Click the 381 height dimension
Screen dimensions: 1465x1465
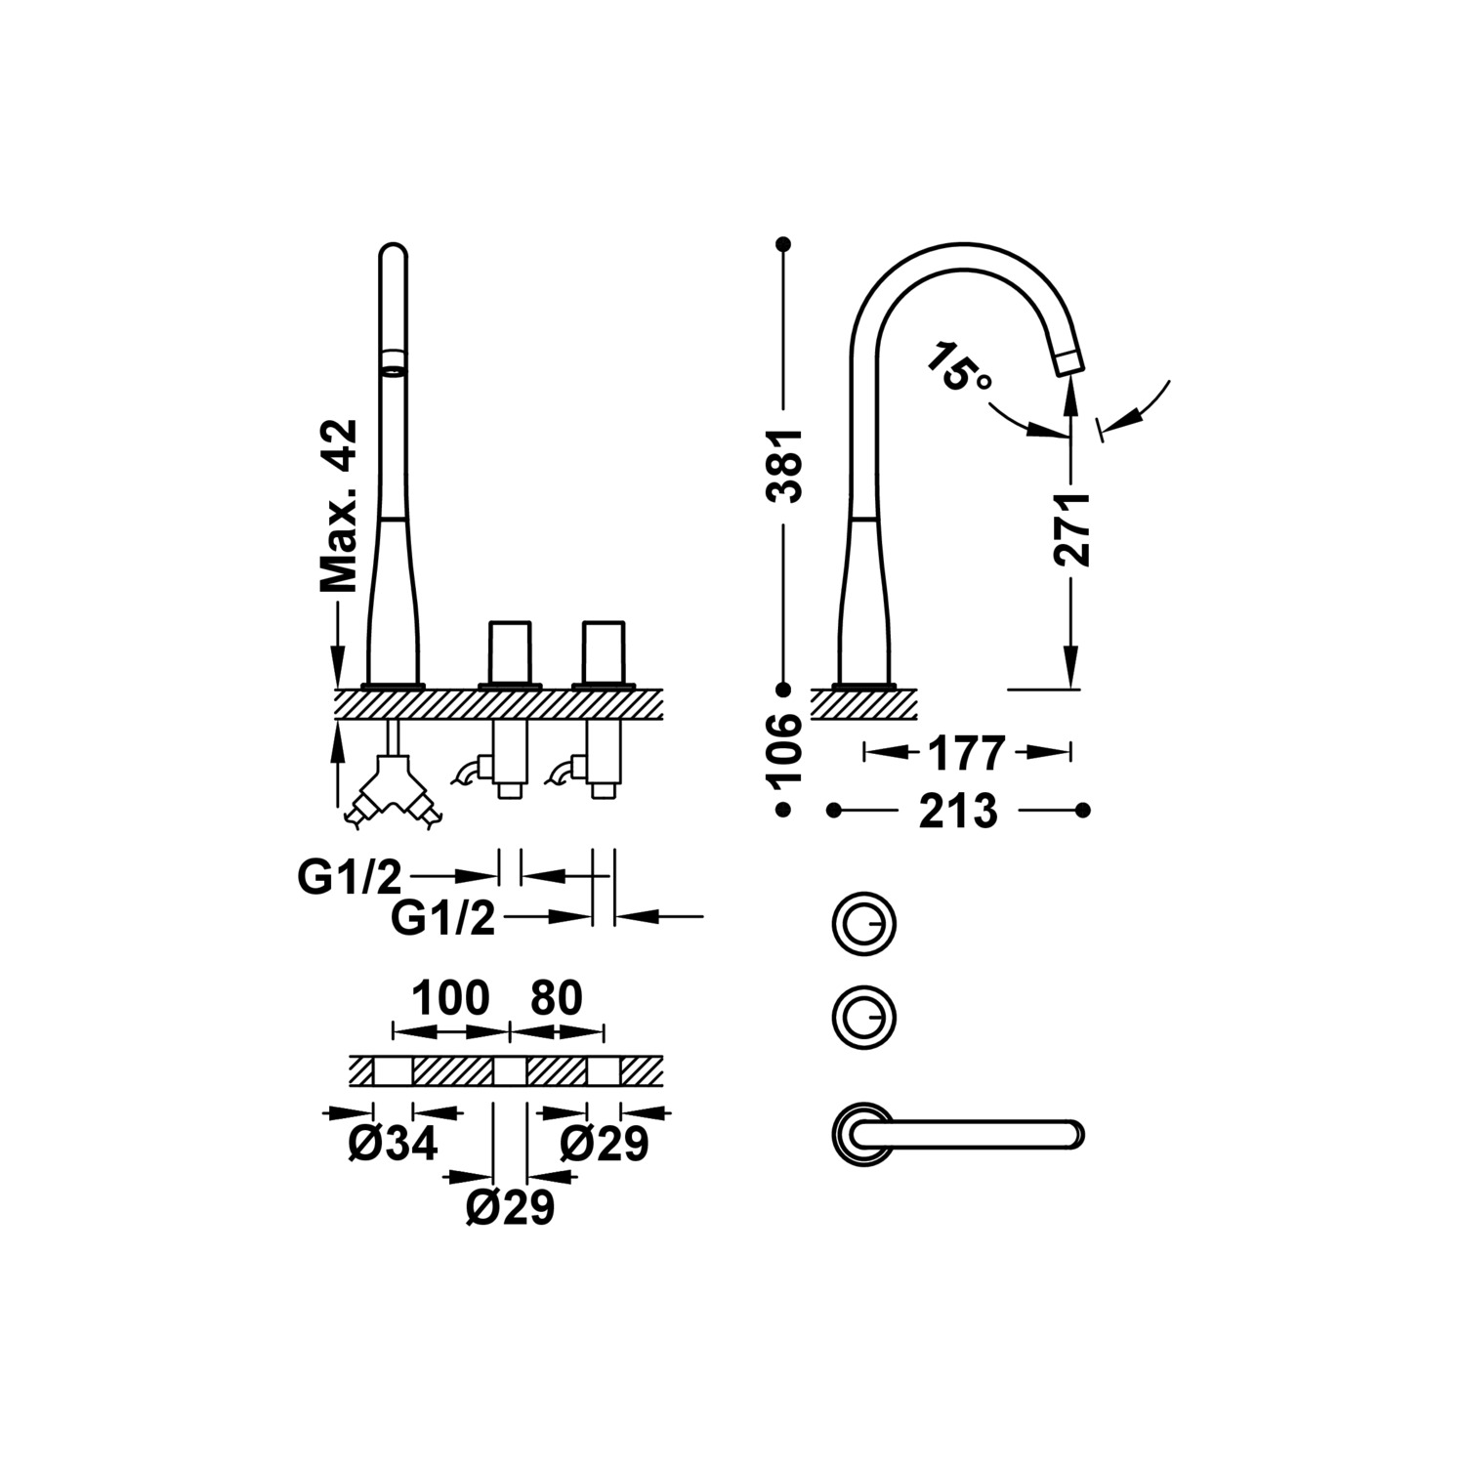coord(784,465)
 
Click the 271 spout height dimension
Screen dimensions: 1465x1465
coord(1071,528)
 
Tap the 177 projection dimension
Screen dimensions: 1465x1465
coord(966,753)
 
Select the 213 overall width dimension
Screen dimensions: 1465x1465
coord(958,811)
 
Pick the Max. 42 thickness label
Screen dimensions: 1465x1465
coord(339,507)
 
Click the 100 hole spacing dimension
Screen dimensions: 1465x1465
coord(449,998)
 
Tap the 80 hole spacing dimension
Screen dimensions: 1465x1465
coord(556,998)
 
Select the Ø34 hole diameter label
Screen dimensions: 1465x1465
coord(394,1144)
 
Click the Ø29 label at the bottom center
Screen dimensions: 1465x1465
coord(511,1208)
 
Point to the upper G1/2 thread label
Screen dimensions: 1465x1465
coord(350,878)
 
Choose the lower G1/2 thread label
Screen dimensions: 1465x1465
coord(443,919)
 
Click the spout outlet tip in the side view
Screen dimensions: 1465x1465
coord(1069,360)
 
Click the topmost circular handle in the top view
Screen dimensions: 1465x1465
coord(863,922)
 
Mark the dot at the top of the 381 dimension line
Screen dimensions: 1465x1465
coord(782,242)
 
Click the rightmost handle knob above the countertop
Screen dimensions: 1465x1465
coord(603,651)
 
